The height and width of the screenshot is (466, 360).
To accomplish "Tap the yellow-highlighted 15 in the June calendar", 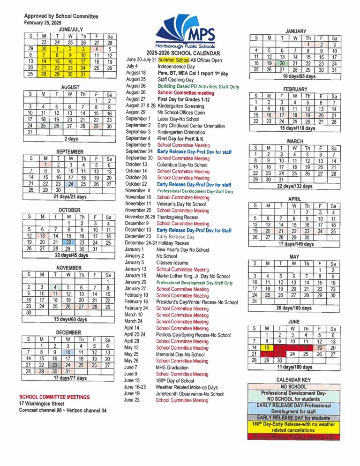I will tap(266, 348).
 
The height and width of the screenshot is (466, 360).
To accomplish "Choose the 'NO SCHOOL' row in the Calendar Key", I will tap(293, 386).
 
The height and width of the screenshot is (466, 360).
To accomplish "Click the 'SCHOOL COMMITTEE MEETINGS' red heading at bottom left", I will tap(54, 397).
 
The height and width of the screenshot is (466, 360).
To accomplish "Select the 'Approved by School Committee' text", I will tap(61, 16).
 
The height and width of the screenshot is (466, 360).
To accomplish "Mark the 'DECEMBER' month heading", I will tap(69, 332).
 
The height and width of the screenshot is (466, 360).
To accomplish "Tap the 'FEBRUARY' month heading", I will tap(295, 89).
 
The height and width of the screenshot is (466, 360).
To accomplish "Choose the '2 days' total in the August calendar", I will tap(71, 139).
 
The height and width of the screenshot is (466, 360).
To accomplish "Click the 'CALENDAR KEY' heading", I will tap(293, 379).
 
